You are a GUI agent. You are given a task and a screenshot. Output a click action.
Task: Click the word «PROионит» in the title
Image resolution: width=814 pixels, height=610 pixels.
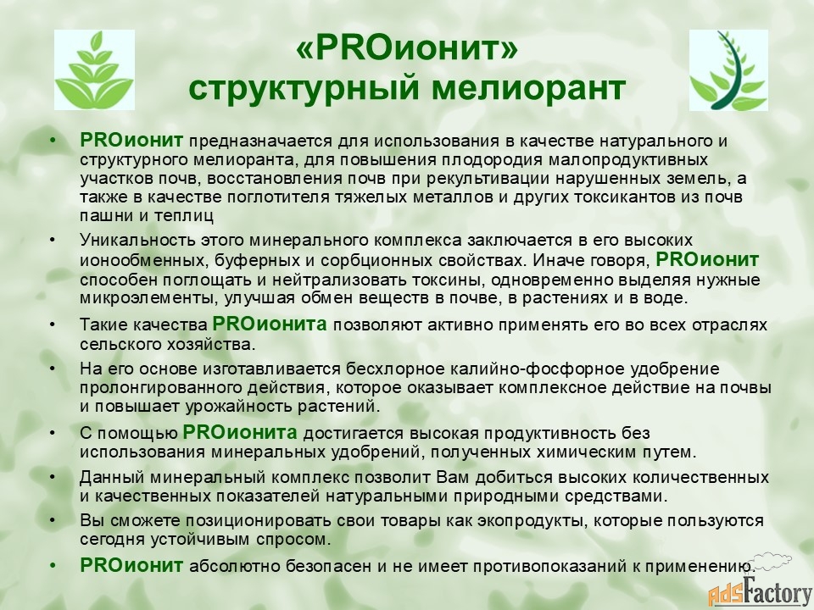[407, 48]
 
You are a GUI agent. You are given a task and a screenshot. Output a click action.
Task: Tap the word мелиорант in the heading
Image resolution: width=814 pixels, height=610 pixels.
[528, 87]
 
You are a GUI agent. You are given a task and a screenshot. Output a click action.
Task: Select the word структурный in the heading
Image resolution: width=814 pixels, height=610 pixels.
[304, 89]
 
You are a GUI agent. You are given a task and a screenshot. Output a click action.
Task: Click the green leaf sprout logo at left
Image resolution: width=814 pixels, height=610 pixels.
[94, 69]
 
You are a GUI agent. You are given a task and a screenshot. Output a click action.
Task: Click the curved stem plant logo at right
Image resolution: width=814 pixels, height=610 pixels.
[728, 70]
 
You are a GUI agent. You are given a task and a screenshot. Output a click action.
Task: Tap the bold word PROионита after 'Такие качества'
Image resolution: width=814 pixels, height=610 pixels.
[270, 324]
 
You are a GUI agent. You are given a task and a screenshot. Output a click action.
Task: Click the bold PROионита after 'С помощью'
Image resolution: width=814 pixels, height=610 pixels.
[240, 432]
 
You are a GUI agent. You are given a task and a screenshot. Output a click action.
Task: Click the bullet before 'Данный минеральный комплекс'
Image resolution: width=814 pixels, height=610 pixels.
[52, 477]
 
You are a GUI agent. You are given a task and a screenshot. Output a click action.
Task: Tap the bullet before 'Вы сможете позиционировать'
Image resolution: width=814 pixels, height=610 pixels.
[52, 520]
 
